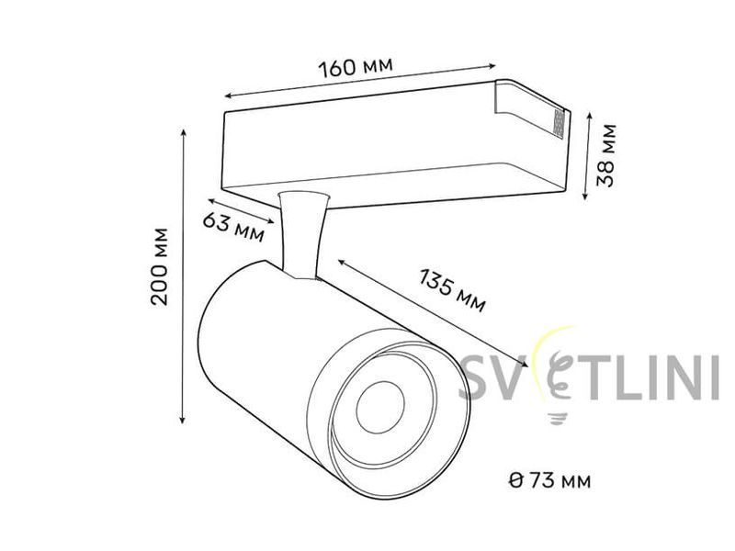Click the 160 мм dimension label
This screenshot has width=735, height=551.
click(356, 67)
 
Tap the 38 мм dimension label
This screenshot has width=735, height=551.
click(606, 155)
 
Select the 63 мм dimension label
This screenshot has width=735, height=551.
click(233, 227)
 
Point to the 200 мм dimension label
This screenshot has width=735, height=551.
click(159, 266)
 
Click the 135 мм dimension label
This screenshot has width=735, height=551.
click(452, 290)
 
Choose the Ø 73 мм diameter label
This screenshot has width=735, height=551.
click(549, 480)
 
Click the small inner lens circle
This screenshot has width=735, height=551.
click(380, 407)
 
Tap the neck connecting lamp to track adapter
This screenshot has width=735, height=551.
click(301, 234)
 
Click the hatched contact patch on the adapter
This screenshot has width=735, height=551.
click(559, 124)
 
